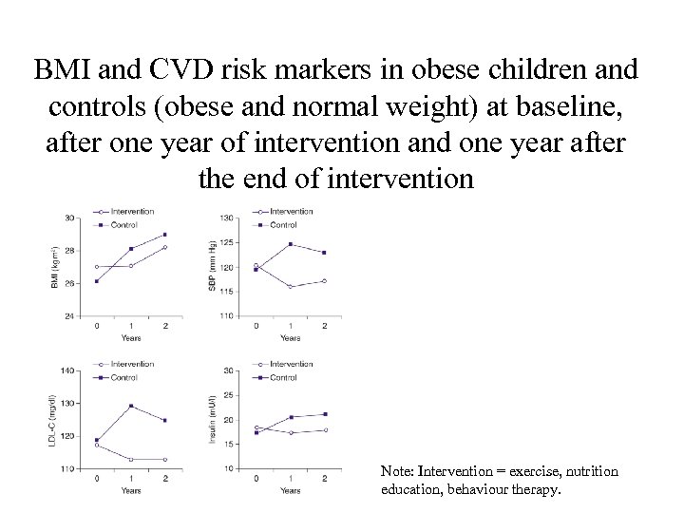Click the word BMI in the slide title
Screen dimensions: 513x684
[60, 71]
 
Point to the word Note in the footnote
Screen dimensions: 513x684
[397, 471]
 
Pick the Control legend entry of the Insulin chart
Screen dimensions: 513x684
[282, 377]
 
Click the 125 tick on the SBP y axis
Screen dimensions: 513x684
[226, 243]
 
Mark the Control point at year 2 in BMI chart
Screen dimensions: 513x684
[165, 235]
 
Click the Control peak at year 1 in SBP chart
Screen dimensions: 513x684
[291, 244]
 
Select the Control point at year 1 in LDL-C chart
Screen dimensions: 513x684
[131, 406]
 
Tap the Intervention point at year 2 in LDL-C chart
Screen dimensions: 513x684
[165, 459]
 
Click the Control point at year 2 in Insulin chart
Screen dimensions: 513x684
[324, 414]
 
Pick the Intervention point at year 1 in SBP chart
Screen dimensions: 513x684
[291, 286]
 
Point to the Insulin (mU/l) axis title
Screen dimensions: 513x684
[213, 420]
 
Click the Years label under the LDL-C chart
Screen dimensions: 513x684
[131, 490]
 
